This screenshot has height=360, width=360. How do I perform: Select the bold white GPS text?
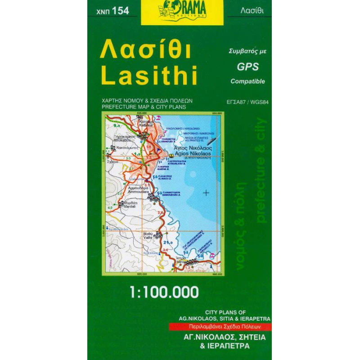point(248,67)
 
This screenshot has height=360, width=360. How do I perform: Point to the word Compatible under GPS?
point(248,81)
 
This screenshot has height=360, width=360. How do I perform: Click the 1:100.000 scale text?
point(164,292)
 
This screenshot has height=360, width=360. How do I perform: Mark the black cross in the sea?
point(206,193)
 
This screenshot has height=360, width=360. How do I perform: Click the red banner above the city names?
point(220,327)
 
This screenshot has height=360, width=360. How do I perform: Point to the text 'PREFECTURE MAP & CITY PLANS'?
point(147,107)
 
